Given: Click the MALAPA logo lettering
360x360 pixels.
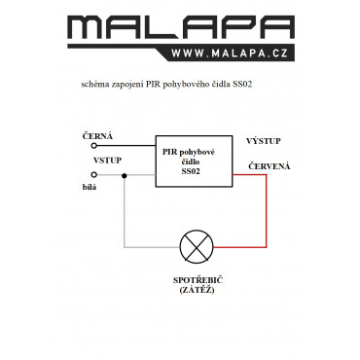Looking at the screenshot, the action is pyautogui.click(x=181, y=28).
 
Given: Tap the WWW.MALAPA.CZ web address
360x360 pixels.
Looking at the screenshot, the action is pyautogui.click(x=230, y=54).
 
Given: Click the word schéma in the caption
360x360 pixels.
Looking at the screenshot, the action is pyautogui.click(x=94, y=85).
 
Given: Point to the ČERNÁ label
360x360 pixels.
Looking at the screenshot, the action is pyautogui.click(x=97, y=136).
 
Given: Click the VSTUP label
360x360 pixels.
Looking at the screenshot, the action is pyautogui.click(x=107, y=161).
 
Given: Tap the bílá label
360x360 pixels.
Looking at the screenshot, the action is pyautogui.click(x=90, y=187).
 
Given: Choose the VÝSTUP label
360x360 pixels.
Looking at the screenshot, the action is pyautogui.click(x=264, y=141).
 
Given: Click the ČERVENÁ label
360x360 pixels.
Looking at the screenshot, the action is pyautogui.click(x=270, y=166).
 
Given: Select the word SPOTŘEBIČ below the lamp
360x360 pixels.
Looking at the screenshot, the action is pyautogui.click(x=198, y=280).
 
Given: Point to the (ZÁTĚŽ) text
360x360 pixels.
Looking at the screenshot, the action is pyautogui.click(x=197, y=290).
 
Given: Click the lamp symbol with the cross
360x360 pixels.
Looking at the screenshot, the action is pyautogui.click(x=197, y=246).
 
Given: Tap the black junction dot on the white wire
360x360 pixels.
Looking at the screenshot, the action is pyautogui.click(x=124, y=176).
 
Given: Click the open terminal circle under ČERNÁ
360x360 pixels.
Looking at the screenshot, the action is pyautogui.click(x=94, y=146).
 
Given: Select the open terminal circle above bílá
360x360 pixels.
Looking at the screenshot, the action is pyautogui.click(x=94, y=175).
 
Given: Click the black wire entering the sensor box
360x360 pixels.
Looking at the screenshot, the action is pyautogui.click(x=126, y=146).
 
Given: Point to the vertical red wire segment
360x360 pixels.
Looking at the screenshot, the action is pyautogui.click(x=267, y=211).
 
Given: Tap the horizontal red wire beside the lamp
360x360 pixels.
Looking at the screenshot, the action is pyautogui.click(x=239, y=247).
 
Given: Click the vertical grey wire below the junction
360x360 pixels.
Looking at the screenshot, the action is pyautogui.click(x=125, y=211).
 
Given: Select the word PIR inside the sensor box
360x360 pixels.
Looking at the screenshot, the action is pyautogui.click(x=169, y=153).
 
